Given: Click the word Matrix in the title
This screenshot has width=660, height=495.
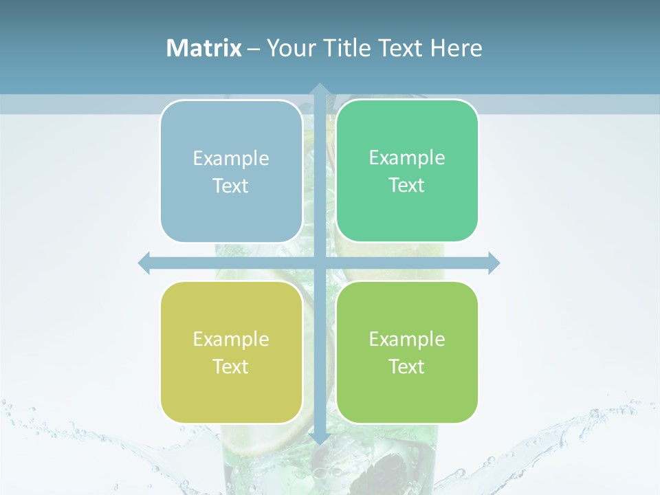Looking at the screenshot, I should click(x=204, y=48).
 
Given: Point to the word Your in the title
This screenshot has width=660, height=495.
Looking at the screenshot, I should click(x=287, y=48).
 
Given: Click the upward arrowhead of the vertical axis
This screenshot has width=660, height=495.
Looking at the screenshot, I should click(x=319, y=89).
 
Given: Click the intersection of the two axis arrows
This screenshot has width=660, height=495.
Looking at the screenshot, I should click(x=319, y=263).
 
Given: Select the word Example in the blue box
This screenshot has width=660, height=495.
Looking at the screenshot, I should click(x=231, y=158).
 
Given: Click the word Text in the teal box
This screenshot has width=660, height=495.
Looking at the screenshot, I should click(x=407, y=185).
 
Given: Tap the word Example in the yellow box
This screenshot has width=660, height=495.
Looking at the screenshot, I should click(x=231, y=339).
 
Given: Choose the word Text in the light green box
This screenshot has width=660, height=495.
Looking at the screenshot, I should click(x=407, y=366).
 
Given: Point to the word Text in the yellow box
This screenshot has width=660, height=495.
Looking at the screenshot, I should click(x=231, y=366).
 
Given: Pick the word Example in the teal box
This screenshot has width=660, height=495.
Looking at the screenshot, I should click(x=407, y=157).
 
